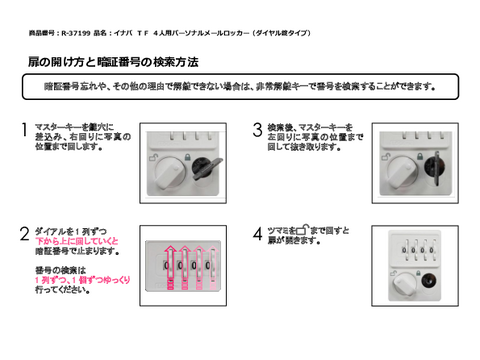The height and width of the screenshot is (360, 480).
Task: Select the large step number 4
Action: pos(258,236)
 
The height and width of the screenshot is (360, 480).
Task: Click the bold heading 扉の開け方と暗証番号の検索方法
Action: pos(106,62)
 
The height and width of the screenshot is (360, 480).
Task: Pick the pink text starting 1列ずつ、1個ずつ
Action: pos(77,281)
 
